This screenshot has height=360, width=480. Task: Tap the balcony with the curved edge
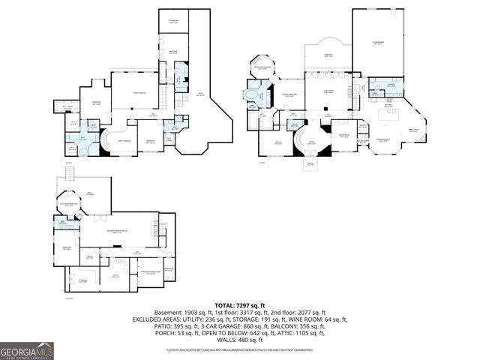327,55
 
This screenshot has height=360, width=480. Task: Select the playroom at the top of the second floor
173,21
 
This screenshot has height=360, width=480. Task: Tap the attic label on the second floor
199,94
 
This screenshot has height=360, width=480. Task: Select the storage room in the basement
83,281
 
